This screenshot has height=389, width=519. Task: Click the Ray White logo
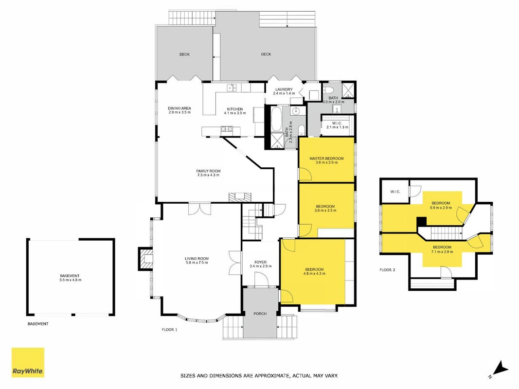(28, 362)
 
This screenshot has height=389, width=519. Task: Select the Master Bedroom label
(326, 159)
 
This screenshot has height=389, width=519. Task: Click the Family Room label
(208, 171)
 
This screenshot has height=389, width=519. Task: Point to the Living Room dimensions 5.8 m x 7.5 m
(197, 263)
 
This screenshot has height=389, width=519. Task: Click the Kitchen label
(234, 109)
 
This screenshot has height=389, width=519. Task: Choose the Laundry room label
(284, 89)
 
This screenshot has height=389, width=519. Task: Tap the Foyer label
(261, 262)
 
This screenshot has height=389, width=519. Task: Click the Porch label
(260, 314)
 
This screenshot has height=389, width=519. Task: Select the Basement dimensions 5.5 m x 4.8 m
(70, 280)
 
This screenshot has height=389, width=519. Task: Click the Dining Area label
(179, 108)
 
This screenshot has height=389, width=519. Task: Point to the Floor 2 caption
(387, 270)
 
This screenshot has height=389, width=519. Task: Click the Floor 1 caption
(169, 330)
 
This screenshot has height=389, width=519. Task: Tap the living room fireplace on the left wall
(145, 259)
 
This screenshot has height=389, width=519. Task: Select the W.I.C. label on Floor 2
(395, 192)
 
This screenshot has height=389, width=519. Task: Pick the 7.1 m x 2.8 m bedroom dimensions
(442, 252)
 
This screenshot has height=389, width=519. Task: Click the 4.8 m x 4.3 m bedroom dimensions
(314, 274)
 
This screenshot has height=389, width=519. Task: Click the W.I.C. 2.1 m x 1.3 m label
(337, 125)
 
